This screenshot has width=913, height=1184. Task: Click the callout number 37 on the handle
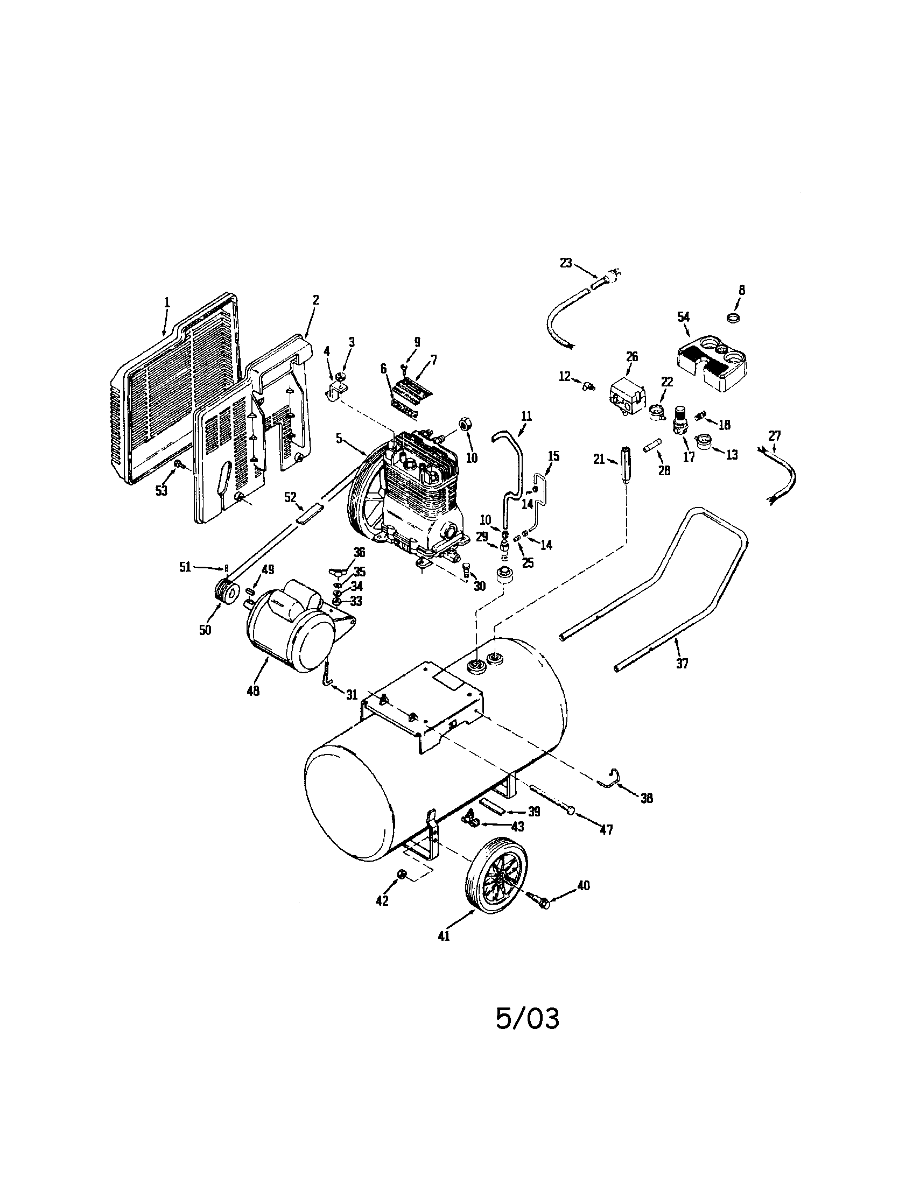(682, 663)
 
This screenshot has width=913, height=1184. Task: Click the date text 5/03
(527, 1018)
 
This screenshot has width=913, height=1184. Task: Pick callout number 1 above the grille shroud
(167, 302)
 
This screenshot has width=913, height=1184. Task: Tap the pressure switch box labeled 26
(627, 397)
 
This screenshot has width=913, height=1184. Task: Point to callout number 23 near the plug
(565, 263)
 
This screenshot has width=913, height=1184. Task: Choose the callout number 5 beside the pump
(339, 438)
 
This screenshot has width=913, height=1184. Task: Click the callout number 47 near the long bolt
(606, 829)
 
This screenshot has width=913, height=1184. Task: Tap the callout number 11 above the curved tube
(526, 416)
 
